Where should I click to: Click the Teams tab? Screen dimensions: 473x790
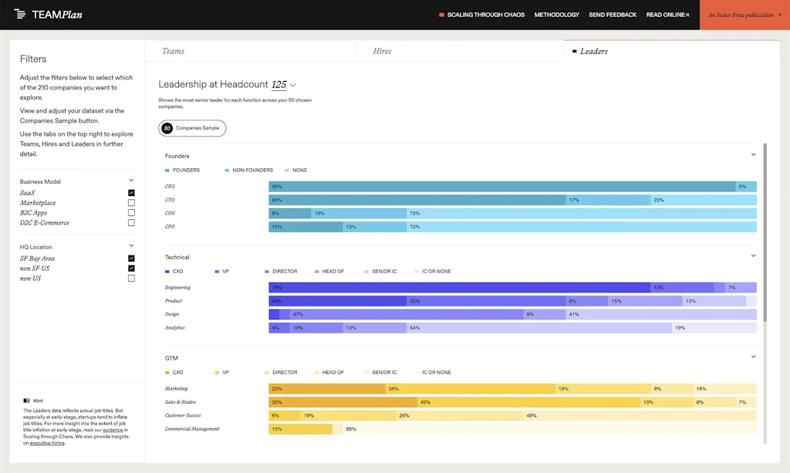point(173,51)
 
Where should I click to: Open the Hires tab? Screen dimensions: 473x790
point(382,51)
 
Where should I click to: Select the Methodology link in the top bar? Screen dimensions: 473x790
point(556,15)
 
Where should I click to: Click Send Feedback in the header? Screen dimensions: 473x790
point(613,15)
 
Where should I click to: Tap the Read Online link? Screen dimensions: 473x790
point(667,15)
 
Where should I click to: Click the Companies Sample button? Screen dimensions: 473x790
point(192,128)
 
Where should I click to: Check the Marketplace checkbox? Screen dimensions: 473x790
point(131,203)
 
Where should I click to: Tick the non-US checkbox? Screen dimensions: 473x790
point(131,279)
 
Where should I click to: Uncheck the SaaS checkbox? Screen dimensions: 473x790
point(131,193)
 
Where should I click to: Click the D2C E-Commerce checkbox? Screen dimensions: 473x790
point(131,223)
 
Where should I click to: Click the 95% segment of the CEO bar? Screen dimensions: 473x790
point(501,187)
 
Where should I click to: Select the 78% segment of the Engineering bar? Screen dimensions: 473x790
point(459,288)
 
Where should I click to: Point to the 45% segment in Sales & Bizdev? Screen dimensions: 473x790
point(528,402)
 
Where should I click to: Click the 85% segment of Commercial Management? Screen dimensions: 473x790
point(544,429)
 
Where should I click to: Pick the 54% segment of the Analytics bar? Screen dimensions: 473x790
point(538,328)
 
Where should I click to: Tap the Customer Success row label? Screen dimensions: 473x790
point(182,416)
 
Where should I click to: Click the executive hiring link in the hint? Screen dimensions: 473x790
point(47,443)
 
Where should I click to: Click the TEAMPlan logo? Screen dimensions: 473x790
point(48,15)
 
